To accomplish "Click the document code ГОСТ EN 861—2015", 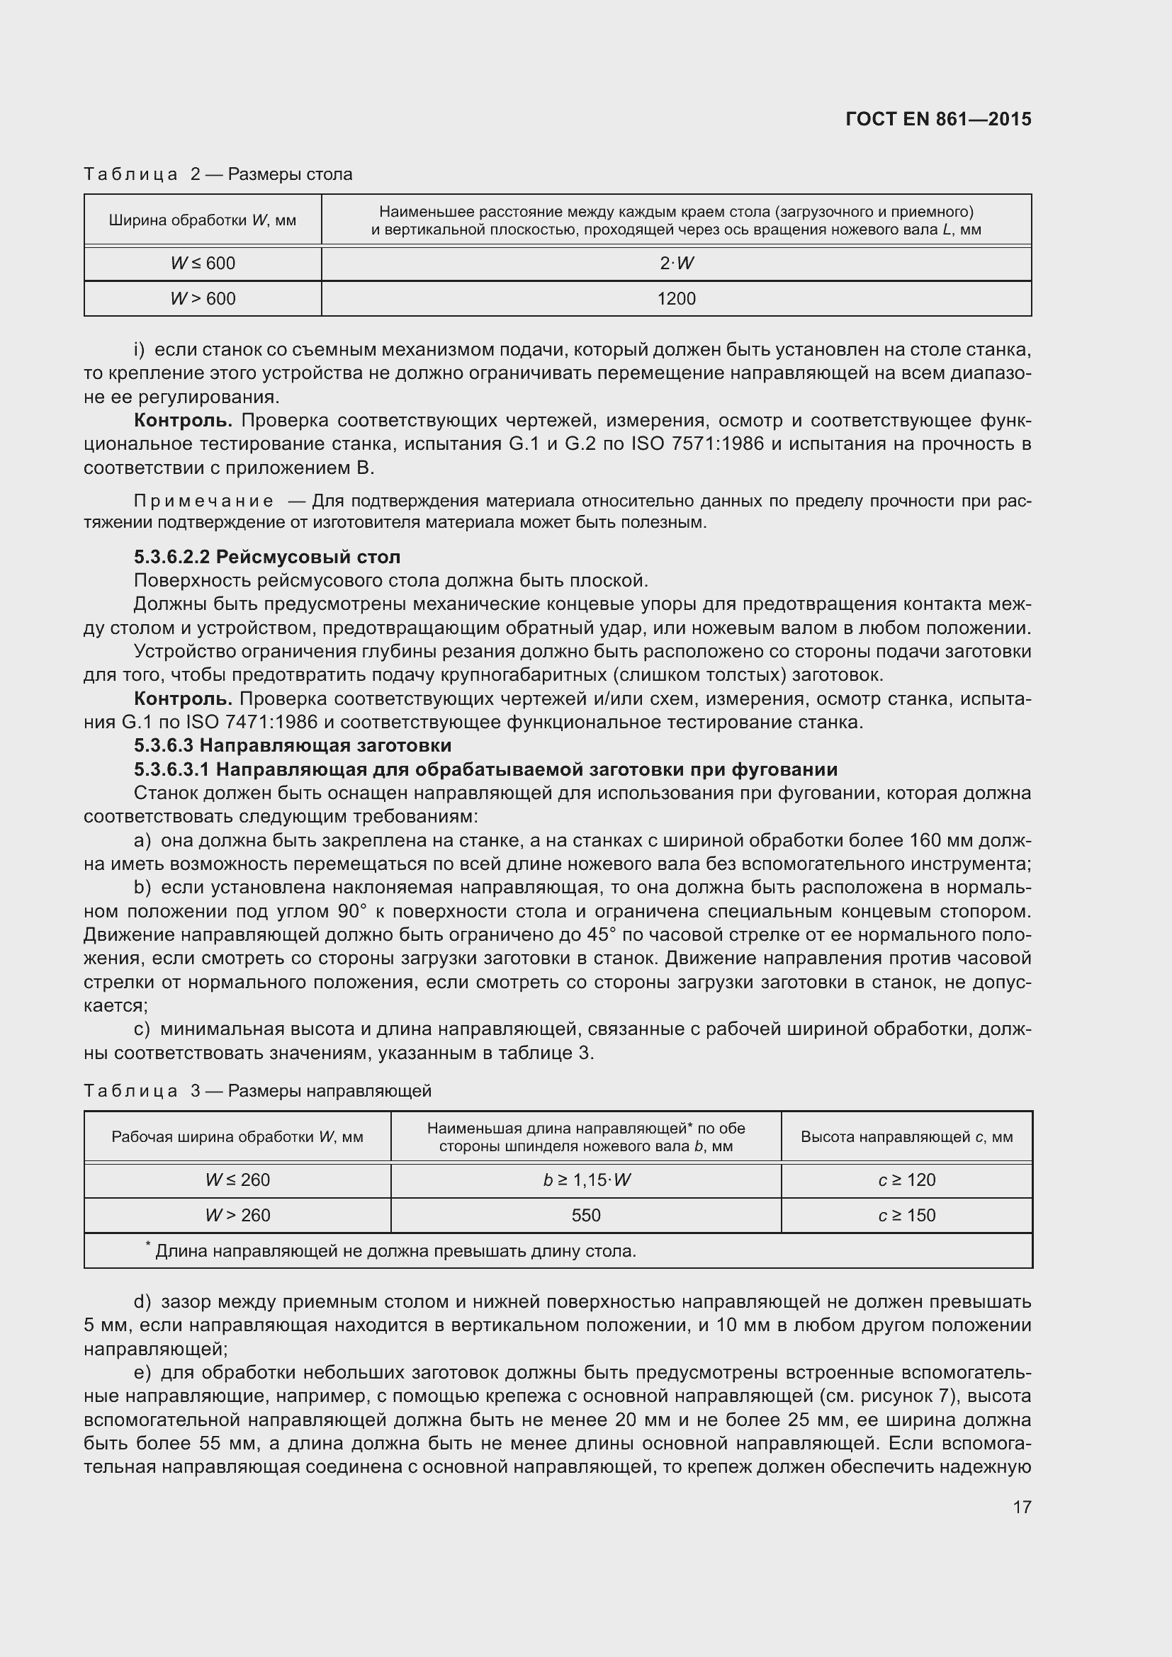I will coord(938,119).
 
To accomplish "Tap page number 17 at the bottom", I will coord(1022,1507).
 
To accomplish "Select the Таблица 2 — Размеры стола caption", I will coord(218,175).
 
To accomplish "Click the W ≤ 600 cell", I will coord(203,264).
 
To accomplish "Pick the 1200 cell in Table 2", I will coord(676,299).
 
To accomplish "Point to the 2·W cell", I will coord(676,264).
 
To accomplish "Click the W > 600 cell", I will coord(203,299).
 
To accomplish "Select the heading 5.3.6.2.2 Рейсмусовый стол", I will coord(267,557).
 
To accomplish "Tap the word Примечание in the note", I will coord(204,501).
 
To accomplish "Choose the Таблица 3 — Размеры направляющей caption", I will coord(258,1090).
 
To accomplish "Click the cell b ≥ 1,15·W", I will coord(586,1180).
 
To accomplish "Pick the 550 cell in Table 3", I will coord(586,1216).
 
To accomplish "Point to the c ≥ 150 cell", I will coord(906,1216).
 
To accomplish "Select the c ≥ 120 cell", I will coord(906,1180).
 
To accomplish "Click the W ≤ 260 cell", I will coord(237,1180).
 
